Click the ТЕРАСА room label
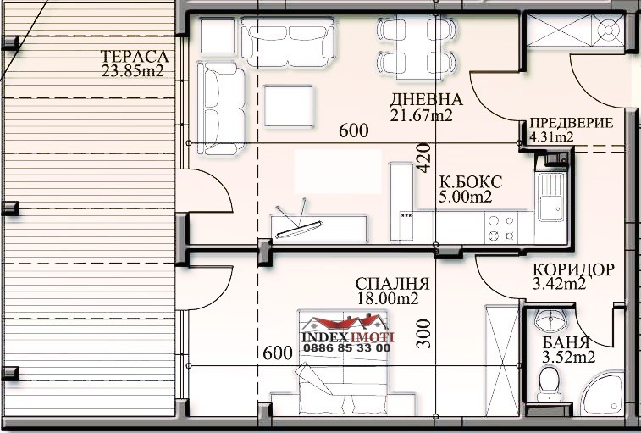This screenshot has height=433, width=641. click(135, 56)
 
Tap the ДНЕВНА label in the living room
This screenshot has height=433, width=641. click(427, 99)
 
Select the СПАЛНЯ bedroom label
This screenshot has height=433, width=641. click(392, 284)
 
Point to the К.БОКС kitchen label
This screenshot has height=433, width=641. click(471, 182)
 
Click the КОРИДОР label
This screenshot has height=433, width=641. click(573, 269)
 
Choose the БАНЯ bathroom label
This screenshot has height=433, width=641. click(566, 342)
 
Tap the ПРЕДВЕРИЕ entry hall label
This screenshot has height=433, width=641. click(572, 123)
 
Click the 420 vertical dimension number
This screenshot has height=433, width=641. click(424, 158)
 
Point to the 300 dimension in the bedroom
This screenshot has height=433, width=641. click(424, 334)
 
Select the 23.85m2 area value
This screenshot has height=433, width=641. click(133, 71)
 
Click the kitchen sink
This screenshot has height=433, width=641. click(551, 197)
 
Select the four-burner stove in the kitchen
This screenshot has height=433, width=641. click(501, 228)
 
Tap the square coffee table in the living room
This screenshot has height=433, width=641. click(288, 106)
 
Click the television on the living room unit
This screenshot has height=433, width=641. click(299, 229)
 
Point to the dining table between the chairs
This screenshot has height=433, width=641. click(416, 47)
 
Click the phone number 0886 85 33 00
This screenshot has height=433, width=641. click(346, 348)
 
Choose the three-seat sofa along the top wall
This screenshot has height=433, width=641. click(288, 42)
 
